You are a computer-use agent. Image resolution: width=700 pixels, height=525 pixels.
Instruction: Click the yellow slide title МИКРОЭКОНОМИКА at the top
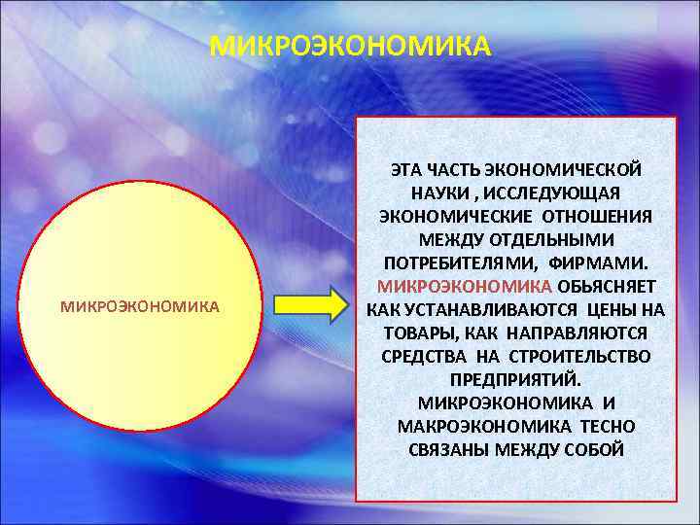(350, 47)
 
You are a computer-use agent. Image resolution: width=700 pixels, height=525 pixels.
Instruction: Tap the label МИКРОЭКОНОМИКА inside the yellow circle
(140, 306)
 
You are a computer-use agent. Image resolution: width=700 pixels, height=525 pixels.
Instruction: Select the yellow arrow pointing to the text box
(310, 305)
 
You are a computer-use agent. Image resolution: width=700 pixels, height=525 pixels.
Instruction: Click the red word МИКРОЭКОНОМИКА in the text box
(465, 287)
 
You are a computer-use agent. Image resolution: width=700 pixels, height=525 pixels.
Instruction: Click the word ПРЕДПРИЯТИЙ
(515, 380)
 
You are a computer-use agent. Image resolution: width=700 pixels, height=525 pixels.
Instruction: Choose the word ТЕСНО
(608, 427)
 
